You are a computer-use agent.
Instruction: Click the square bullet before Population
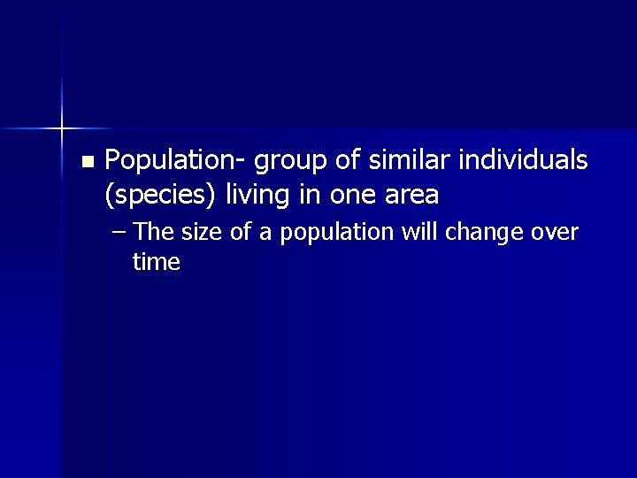(86, 162)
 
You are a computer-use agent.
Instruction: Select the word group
(289, 161)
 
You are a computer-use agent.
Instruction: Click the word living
(257, 194)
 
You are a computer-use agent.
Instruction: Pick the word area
(410, 195)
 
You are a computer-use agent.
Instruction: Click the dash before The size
(120, 233)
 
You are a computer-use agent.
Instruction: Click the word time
(156, 262)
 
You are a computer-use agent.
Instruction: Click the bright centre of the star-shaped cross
(62, 129)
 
